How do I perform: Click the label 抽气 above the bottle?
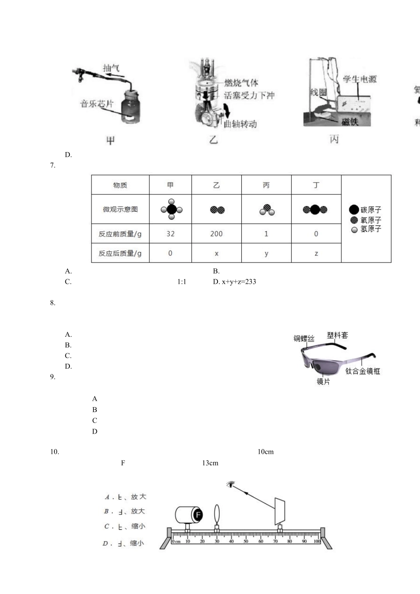pyautogui.click(x=111, y=68)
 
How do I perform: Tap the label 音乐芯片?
pyautogui.click(x=97, y=103)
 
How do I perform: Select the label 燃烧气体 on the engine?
pyautogui.click(x=241, y=83)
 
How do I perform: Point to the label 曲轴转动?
pyautogui.click(x=241, y=124)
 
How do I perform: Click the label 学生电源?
pyautogui.click(x=359, y=79)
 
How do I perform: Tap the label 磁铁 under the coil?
pyautogui.click(x=350, y=122)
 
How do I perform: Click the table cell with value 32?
pyautogui.click(x=170, y=234)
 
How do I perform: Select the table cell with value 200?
pyautogui.click(x=216, y=234)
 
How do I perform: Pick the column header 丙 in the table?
pyautogui.click(x=266, y=185)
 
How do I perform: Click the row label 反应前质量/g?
pyautogui.click(x=120, y=234)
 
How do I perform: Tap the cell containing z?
pyautogui.click(x=316, y=253)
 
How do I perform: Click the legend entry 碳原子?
pyautogui.click(x=365, y=210)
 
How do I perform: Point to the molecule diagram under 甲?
pyautogui.click(x=172, y=209)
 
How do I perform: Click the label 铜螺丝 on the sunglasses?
pyautogui.click(x=304, y=339)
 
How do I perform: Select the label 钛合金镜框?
pyautogui.click(x=363, y=371)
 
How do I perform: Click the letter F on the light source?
pyautogui.click(x=198, y=514)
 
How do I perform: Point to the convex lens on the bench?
pyautogui.click(x=217, y=514)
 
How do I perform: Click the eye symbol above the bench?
pyautogui.click(x=230, y=484)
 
